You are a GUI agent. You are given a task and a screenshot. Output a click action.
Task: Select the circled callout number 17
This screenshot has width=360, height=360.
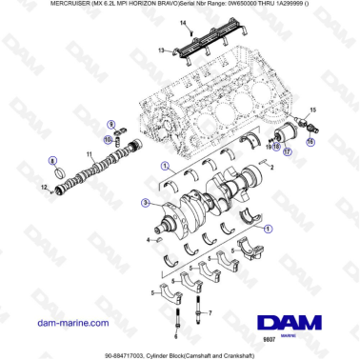[x=289, y=152]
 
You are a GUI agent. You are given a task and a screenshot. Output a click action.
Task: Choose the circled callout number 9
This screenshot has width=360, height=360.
[x=110, y=125]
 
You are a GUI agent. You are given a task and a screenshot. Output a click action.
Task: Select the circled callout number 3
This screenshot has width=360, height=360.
[x=144, y=203]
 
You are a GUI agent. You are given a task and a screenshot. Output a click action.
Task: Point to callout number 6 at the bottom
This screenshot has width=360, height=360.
[x=177, y=336]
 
